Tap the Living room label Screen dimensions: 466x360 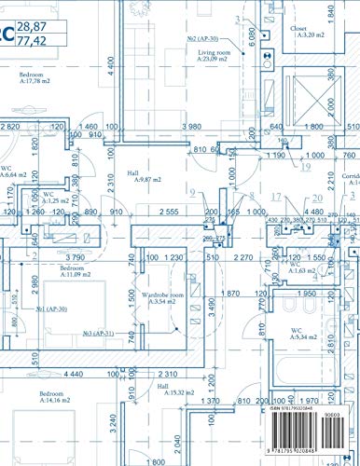(213, 54)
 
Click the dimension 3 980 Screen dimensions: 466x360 (192, 127)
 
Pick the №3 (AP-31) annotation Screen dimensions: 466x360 (97, 333)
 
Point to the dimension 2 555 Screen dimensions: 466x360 (169, 212)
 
